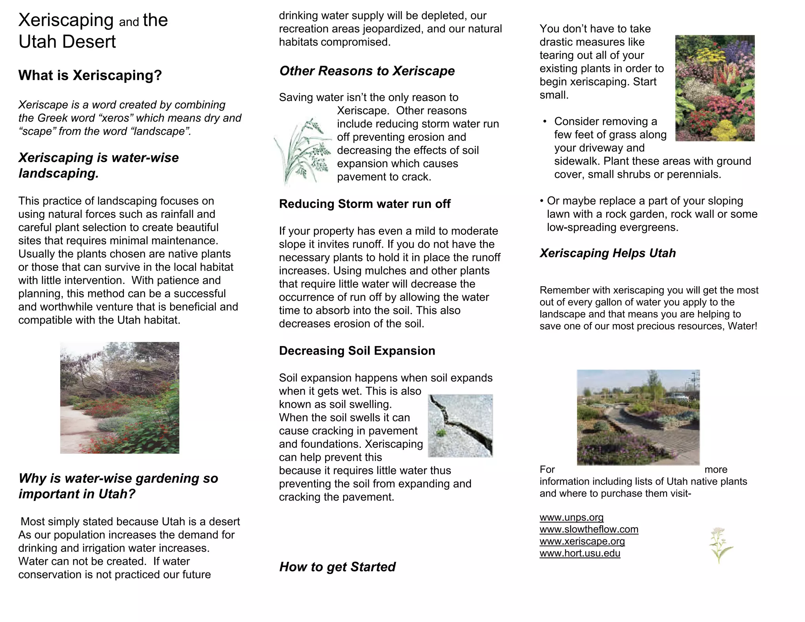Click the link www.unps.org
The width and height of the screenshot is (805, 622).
tap(571, 517)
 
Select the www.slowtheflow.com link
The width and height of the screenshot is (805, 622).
tap(588, 529)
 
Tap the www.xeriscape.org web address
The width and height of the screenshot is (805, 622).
tap(582, 541)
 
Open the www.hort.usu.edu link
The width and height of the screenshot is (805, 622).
tap(579, 553)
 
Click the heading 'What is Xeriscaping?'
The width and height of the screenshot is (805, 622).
tap(90, 75)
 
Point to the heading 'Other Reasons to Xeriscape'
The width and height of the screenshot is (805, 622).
tap(367, 71)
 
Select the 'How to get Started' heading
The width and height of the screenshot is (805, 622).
tap(337, 567)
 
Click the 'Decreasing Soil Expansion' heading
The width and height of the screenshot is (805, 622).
tap(357, 351)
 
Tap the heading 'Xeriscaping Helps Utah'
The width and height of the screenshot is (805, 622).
tap(607, 253)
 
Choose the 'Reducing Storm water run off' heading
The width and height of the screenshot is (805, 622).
tap(364, 204)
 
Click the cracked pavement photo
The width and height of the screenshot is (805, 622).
tap(460, 425)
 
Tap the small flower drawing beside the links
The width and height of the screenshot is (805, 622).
tap(720, 545)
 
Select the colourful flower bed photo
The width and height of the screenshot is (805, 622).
tap(715, 88)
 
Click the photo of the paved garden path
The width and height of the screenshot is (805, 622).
tap(638, 417)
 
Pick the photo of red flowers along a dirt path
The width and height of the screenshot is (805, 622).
tap(119, 397)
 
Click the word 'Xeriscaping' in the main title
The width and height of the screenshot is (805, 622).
tap(66, 20)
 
